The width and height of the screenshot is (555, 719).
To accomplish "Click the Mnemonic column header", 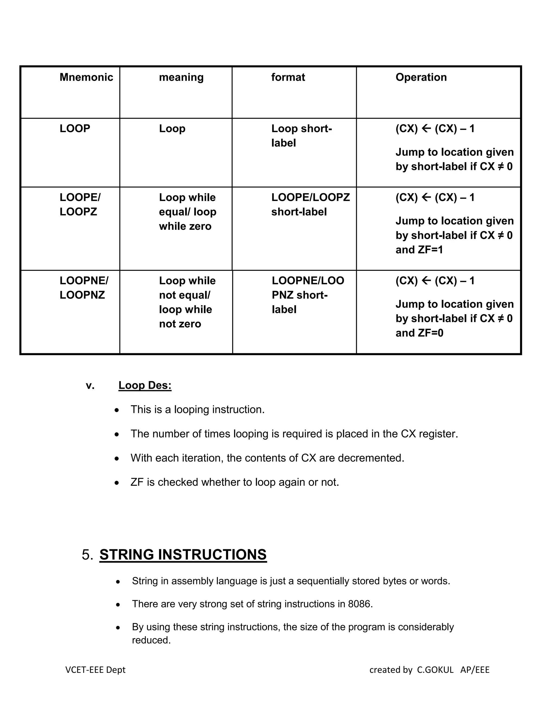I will point(86,77).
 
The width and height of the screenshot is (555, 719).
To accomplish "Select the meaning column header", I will point(181,77).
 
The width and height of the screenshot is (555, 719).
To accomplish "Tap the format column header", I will point(288,77).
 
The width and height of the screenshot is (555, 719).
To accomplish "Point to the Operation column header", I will point(421,77).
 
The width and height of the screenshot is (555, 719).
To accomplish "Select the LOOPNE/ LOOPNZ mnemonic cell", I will point(84,287).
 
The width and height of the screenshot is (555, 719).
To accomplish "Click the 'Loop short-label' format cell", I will point(302,135).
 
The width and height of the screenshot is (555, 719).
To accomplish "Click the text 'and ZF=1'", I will point(419,250).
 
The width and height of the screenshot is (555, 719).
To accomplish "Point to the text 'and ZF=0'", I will point(419,333).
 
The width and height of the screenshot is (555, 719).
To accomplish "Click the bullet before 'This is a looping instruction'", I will point(117,410).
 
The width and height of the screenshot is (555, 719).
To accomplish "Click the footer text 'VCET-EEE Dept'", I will point(95,670).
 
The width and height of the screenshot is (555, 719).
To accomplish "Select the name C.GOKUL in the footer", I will point(435,670).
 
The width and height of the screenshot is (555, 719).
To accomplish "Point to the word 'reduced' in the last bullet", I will point(151,640).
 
